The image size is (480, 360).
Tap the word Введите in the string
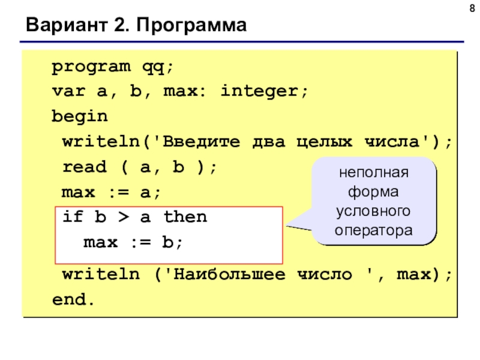(202, 142)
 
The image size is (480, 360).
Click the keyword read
(85, 166)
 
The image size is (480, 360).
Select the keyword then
(185, 217)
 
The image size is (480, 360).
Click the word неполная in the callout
(374, 173)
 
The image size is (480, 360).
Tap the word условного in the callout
(374, 212)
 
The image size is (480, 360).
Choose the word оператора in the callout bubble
(374, 230)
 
